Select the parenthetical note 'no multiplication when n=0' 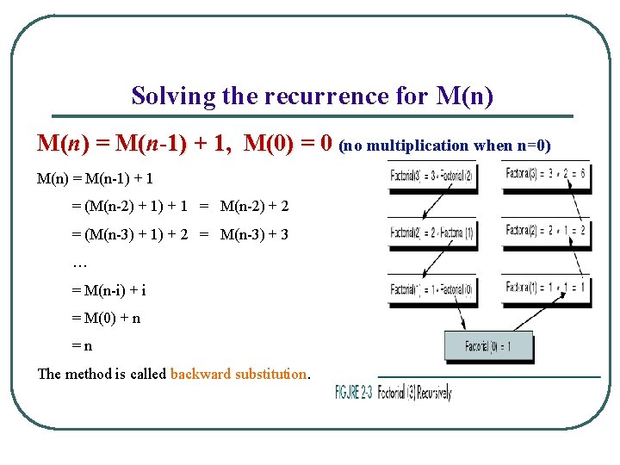445,146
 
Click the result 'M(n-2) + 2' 254,207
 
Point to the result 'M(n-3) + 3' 254,234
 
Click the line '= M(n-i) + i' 108,290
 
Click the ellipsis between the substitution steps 81,263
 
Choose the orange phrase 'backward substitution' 239,374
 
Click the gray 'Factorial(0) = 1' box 488,346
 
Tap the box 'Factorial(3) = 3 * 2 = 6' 546,175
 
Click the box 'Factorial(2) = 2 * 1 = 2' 546,231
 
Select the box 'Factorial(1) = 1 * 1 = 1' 546,288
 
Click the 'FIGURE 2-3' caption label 354,392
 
